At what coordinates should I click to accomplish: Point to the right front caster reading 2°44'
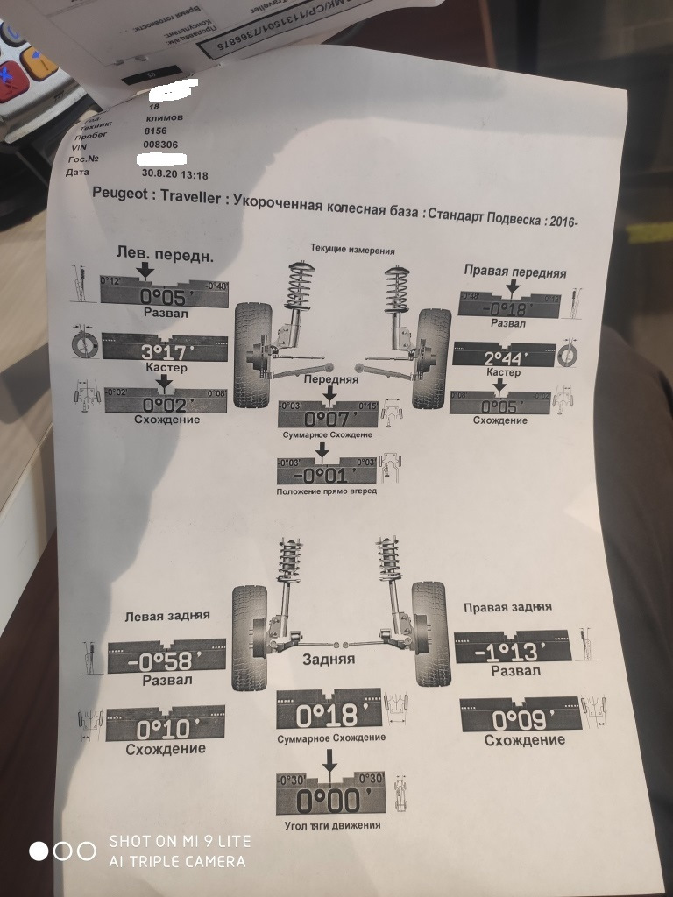click(507, 359)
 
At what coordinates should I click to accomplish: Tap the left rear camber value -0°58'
click(166, 662)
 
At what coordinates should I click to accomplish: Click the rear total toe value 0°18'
click(328, 716)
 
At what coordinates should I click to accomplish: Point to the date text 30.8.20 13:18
click(174, 173)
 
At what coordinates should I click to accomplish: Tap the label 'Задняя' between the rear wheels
click(329, 659)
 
